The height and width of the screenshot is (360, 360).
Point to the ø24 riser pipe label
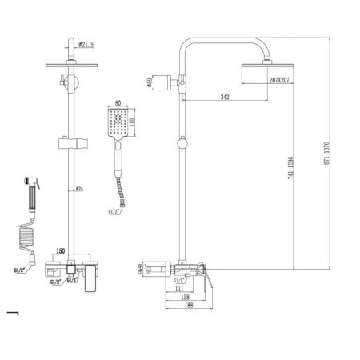84,189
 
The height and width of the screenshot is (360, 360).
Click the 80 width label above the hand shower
118,102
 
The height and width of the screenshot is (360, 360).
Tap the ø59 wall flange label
150,80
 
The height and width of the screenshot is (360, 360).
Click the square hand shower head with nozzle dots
118,124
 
